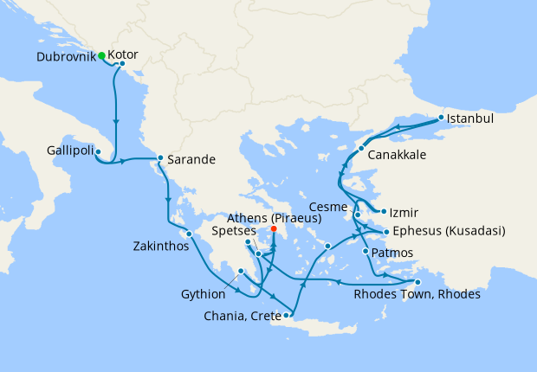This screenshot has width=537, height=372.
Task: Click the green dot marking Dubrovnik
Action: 101,55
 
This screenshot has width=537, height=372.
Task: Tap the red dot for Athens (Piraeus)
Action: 274,229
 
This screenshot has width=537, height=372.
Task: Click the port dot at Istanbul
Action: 441,117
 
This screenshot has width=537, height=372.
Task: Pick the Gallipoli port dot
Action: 98,152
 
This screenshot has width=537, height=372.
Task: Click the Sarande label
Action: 191,159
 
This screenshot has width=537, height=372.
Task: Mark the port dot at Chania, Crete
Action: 287,315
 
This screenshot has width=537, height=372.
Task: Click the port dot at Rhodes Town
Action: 417,282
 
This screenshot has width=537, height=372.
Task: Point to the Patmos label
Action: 391,253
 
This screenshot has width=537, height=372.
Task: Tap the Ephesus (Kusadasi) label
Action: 449,231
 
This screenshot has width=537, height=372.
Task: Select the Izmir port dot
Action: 382,210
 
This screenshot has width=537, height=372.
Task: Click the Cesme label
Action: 327,208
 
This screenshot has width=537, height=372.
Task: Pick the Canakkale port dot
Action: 361,149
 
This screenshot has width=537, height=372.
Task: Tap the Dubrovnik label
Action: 66,56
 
